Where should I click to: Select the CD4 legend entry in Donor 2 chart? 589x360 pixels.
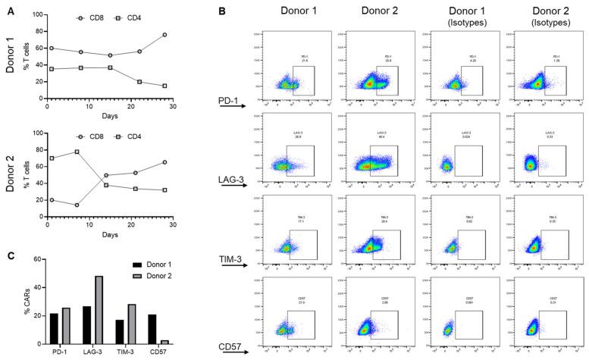tap(135, 137)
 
